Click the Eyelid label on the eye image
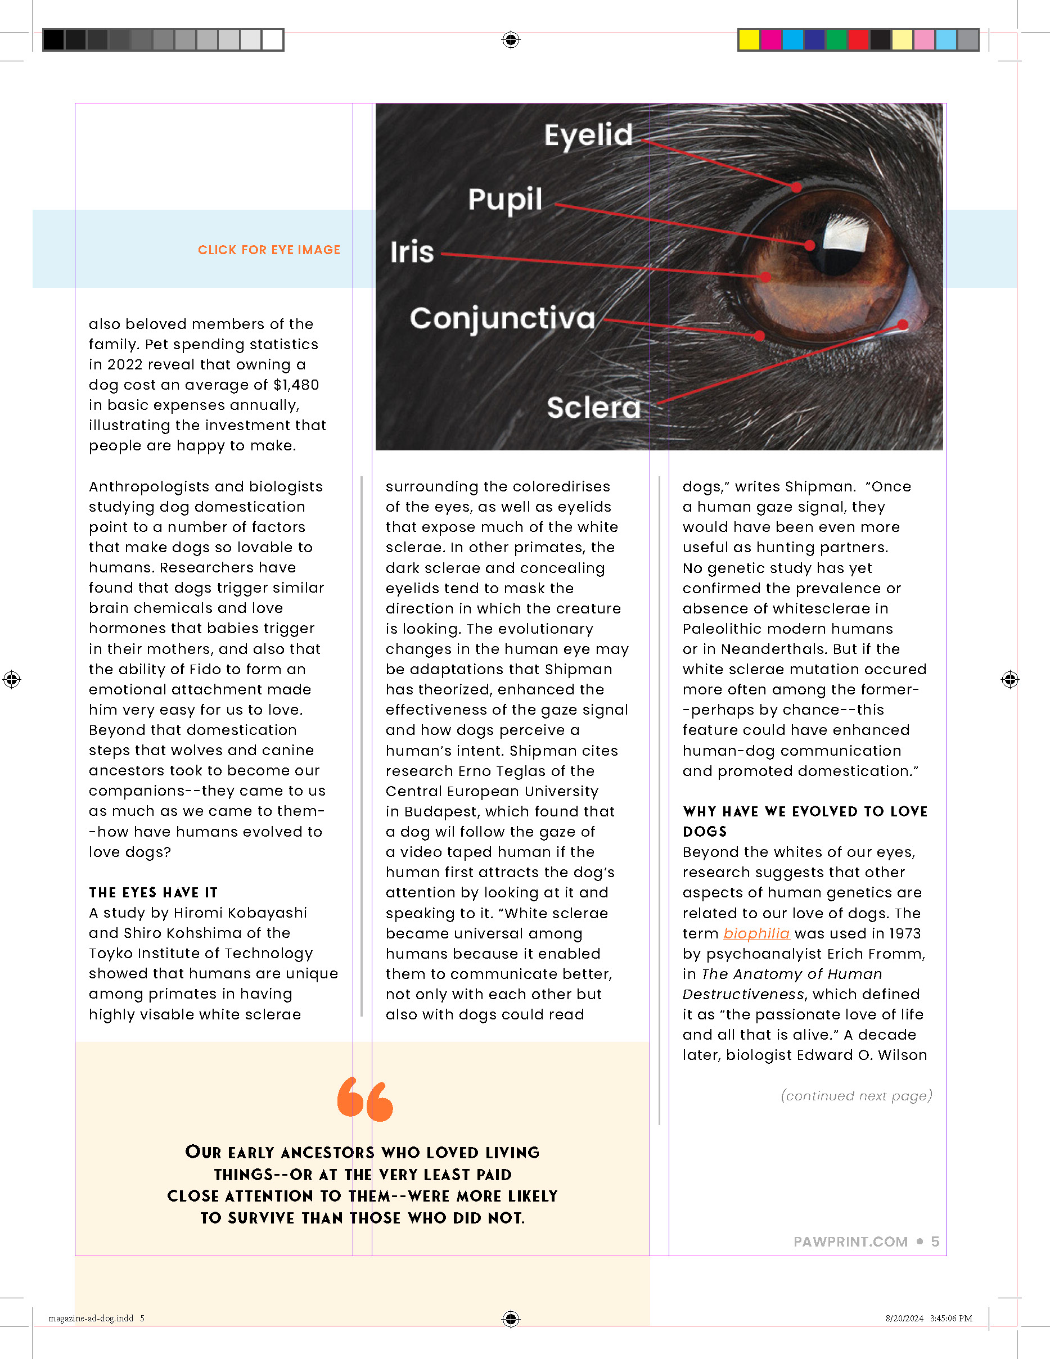(x=588, y=135)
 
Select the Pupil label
(x=505, y=200)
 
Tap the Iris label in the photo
(x=412, y=252)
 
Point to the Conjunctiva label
(x=502, y=318)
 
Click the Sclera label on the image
(x=593, y=408)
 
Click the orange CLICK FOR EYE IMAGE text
(x=269, y=250)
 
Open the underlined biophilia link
(x=756, y=933)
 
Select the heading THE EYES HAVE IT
(x=153, y=892)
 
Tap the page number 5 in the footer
(x=935, y=1242)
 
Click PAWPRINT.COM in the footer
(x=850, y=1242)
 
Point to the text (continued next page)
(x=857, y=1096)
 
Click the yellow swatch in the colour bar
(x=749, y=40)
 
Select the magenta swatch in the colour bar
(x=770, y=40)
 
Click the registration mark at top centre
(x=510, y=40)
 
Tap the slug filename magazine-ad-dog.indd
(x=91, y=1318)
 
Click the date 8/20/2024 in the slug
(x=904, y=1318)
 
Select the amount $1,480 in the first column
(x=296, y=385)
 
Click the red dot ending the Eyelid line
(x=797, y=187)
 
